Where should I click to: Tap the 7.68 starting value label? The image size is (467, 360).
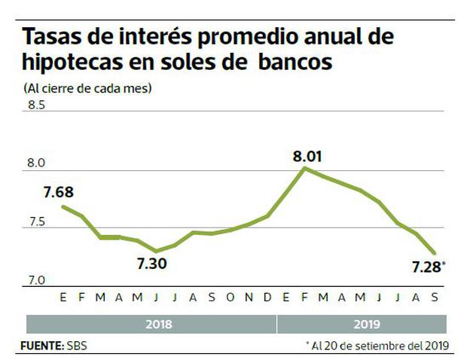pos(58,193)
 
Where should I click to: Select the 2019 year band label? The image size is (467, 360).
pos(365,325)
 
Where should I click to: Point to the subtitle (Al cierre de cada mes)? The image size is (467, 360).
pos(88,88)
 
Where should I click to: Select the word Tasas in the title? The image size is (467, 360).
pos(51,37)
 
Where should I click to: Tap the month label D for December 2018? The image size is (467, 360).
pos(267,298)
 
